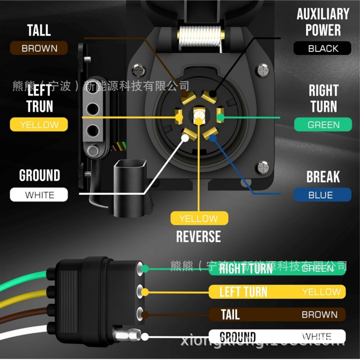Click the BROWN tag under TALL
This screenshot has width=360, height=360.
pos(39,48)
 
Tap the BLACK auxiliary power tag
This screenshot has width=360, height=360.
pos(322,48)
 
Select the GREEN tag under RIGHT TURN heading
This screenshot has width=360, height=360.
pos(323,125)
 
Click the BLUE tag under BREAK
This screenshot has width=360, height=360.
pos(322,195)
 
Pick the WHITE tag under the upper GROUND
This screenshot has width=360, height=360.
pos(39,195)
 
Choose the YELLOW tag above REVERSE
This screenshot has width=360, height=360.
pos(199,218)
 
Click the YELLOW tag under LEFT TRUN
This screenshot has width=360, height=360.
pos(39,125)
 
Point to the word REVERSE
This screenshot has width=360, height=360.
pos(198,237)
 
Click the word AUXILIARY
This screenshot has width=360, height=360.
pos(323,14)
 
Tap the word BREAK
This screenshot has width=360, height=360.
pos(323,177)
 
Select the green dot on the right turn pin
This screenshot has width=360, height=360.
pos(220,117)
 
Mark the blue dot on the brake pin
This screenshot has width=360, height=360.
pos(212,138)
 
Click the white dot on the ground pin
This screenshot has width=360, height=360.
pos(185,138)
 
